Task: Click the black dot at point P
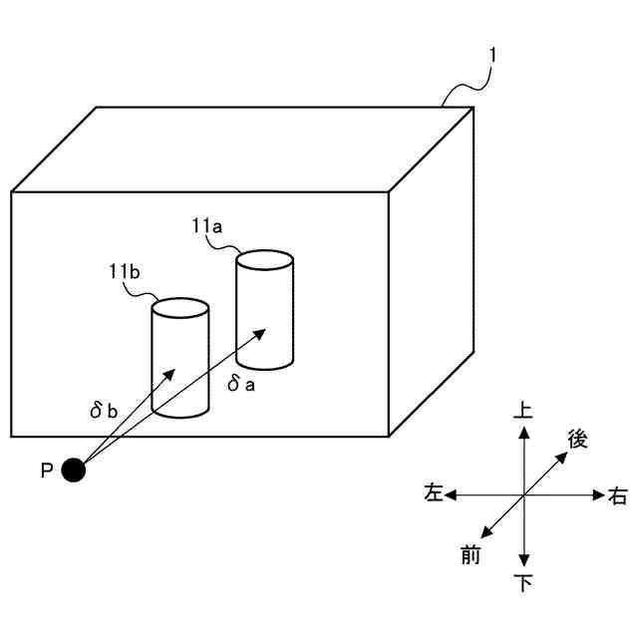point(73,470)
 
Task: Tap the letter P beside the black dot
point(46,471)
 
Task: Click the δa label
point(241,383)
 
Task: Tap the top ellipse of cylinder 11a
point(264,261)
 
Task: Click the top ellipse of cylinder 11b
point(179,308)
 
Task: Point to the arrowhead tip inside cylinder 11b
point(175,372)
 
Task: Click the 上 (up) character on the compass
point(523,410)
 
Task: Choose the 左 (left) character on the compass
point(433,493)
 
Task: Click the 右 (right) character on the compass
point(617,495)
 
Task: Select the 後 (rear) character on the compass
point(577,438)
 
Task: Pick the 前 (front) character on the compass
point(471,554)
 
